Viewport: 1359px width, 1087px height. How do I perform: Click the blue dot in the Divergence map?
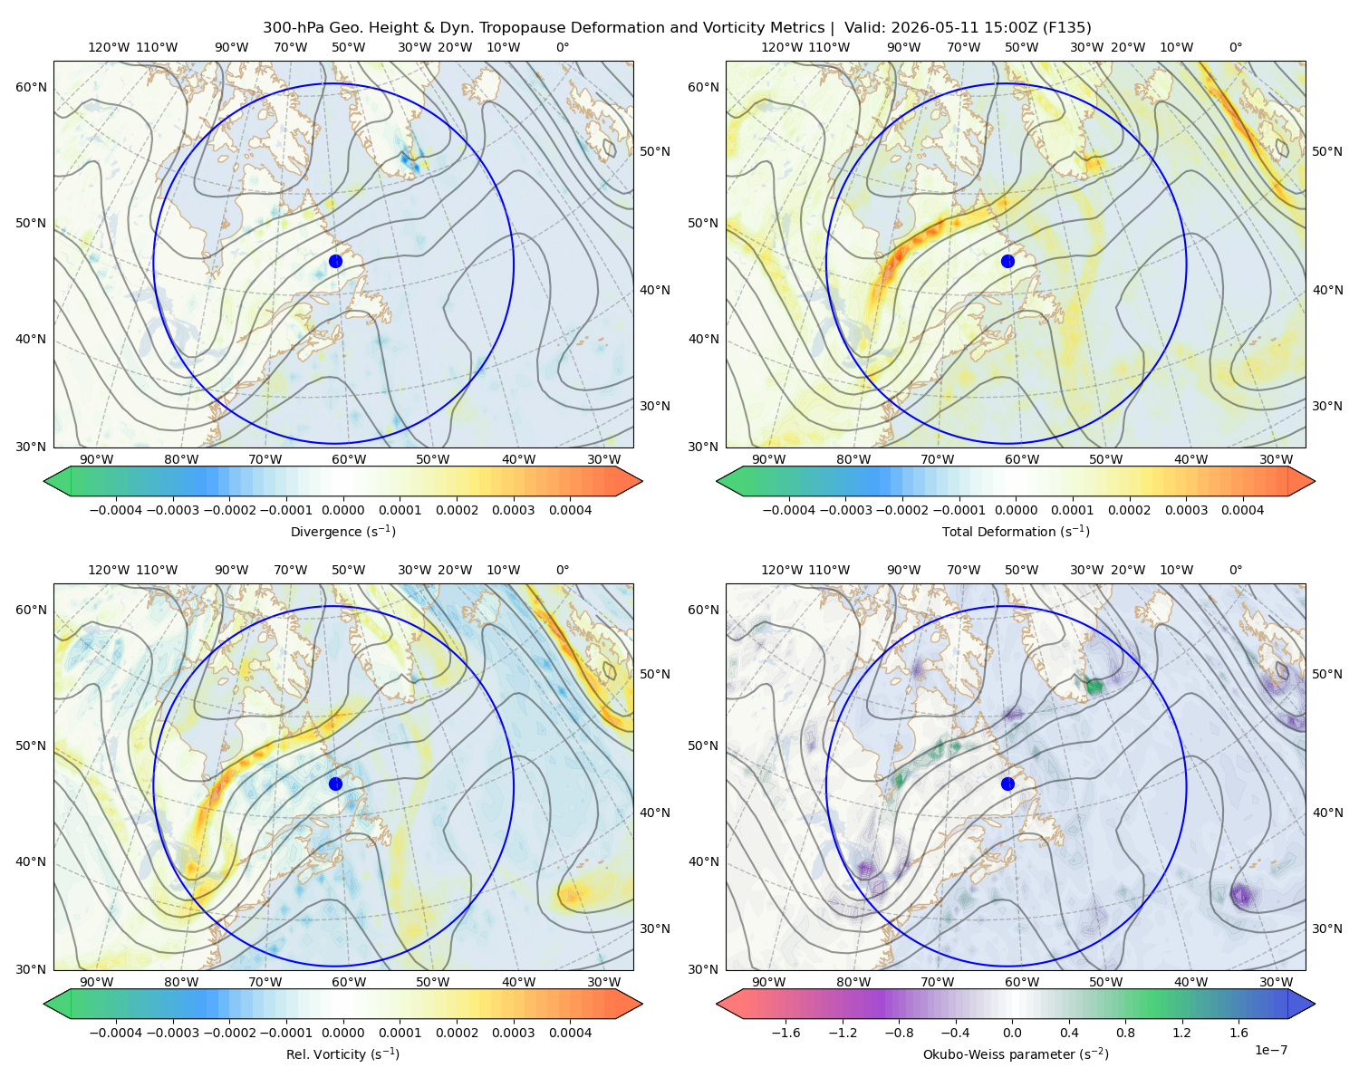(x=335, y=261)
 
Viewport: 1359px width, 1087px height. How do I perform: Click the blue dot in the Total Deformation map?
(x=1007, y=261)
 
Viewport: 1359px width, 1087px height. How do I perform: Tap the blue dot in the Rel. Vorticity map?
(x=335, y=784)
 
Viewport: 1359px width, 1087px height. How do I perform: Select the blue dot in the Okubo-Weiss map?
(x=1007, y=784)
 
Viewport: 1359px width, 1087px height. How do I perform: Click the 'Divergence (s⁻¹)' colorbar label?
(x=342, y=531)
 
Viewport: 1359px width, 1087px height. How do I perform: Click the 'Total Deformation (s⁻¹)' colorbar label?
(x=1016, y=531)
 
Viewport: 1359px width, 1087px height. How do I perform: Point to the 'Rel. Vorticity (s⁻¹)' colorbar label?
(x=342, y=1053)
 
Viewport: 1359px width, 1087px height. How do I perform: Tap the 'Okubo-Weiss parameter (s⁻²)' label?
(x=1016, y=1053)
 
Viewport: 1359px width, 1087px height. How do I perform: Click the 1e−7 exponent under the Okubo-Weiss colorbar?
(x=1270, y=1050)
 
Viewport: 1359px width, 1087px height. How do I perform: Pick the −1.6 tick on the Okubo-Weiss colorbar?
(x=786, y=1032)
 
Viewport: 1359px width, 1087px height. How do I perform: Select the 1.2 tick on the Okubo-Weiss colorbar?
(x=1181, y=1032)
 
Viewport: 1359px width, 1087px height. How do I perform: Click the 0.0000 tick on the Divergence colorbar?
(x=342, y=510)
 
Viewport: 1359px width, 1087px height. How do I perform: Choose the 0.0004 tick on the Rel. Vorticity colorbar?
(x=570, y=1032)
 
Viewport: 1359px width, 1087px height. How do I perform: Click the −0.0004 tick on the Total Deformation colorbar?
(x=789, y=510)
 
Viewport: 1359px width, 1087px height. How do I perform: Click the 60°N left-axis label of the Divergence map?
(x=31, y=87)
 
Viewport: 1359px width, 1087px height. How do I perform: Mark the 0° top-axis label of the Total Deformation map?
(x=1235, y=47)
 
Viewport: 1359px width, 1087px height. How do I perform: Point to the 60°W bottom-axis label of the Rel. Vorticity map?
(x=349, y=982)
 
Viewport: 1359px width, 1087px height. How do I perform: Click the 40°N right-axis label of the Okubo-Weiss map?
(x=1327, y=813)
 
